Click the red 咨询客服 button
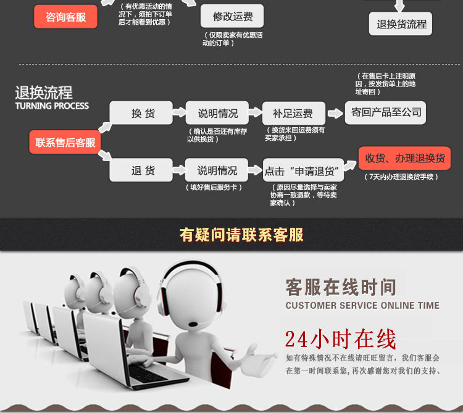click(x=65, y=17)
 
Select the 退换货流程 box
click(x=401, y=24)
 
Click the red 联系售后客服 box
click(x=65, y=143)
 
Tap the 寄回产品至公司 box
click(x=386, y=112)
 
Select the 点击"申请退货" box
click(x=300, y=171)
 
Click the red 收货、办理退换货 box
click(x=405, y=158)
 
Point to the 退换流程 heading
click(x=44, y=93)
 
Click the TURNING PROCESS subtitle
click(x=52, y=106)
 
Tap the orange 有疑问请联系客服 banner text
click(x=241, y=235)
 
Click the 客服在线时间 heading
click(x=341, y=287)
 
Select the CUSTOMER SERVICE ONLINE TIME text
click(x=362, y=306)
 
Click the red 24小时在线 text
click(x=340, y=339)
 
